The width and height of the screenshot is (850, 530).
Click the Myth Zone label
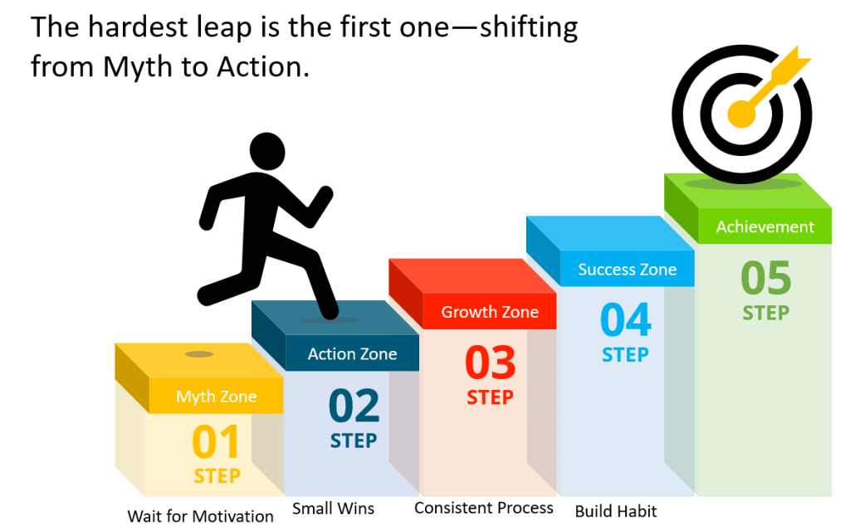click(217, 396)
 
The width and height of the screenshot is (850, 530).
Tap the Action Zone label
click(352, 354)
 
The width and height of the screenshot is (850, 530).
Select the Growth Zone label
click(490, 312)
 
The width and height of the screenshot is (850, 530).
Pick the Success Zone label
click(628, 270)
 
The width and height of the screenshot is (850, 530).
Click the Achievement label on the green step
click(765, 226)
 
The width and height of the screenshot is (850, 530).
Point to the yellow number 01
click(216, 441)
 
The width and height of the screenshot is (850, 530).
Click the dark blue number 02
click(354, 406)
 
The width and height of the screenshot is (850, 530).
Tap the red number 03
click(491, 362)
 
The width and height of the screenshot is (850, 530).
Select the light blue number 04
click(626, 319)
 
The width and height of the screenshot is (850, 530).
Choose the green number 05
click(766, 278)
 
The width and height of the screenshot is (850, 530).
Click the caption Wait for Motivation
click(201, 516)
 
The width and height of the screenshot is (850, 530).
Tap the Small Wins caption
click(334, 508)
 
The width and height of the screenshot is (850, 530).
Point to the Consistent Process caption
click(484, 508)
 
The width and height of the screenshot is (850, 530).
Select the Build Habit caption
click(616, 511)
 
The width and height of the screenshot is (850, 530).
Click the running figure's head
click(267, 152)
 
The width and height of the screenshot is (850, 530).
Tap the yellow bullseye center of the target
click(741, 114)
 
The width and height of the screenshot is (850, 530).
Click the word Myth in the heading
click(139, 68)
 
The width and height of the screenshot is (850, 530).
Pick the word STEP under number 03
click(490, 398)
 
